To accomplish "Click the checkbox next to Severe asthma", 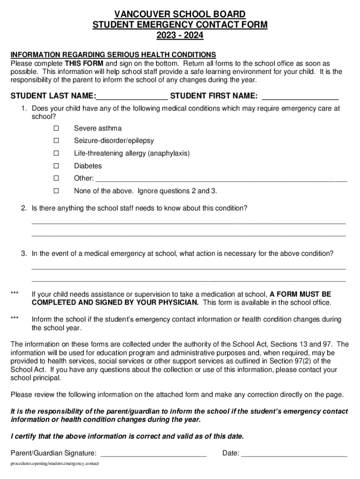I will pyautogui.click(x=56, y=128).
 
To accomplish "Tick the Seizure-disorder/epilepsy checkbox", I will pyautogui.click(x=56, y=141).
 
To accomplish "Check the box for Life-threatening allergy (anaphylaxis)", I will pyautogui.click(x=56, y=153).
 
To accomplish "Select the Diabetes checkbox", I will pyautogui.click(x=56, y=166).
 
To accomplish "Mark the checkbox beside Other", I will pyautogui.click(x=56, y=178).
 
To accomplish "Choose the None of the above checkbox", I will pyautogui.click(x=56, y=191).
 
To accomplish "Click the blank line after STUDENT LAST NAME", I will pyautogui.click(x=131, y=97).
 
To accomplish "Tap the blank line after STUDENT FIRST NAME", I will pyautogui.click(x=300, y=97).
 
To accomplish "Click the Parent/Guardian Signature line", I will pyautogui.click(x=153, y=453).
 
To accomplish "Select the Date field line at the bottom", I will pyautogui.click(x=294, y=453).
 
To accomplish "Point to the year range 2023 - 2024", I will pyautogui.click(x=180, y=35).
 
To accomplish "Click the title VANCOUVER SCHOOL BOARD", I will pyautogui.click(x=180, y=15).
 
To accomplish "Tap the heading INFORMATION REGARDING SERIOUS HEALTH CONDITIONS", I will pyautogui.click(x=113, y=55).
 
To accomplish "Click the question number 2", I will pyautogui.click(x=23, y=208).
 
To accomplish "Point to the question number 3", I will pyautogui.click(x=23, y=254).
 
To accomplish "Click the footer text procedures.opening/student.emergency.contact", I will pyautogui.click(x=55, y=464).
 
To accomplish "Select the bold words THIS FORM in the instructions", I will pyautogui.click(x=84, y=63).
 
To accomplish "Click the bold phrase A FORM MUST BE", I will pyautogui.click(x=300, y=294).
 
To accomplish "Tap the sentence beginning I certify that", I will pyautogui.click(x=127, y=436).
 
